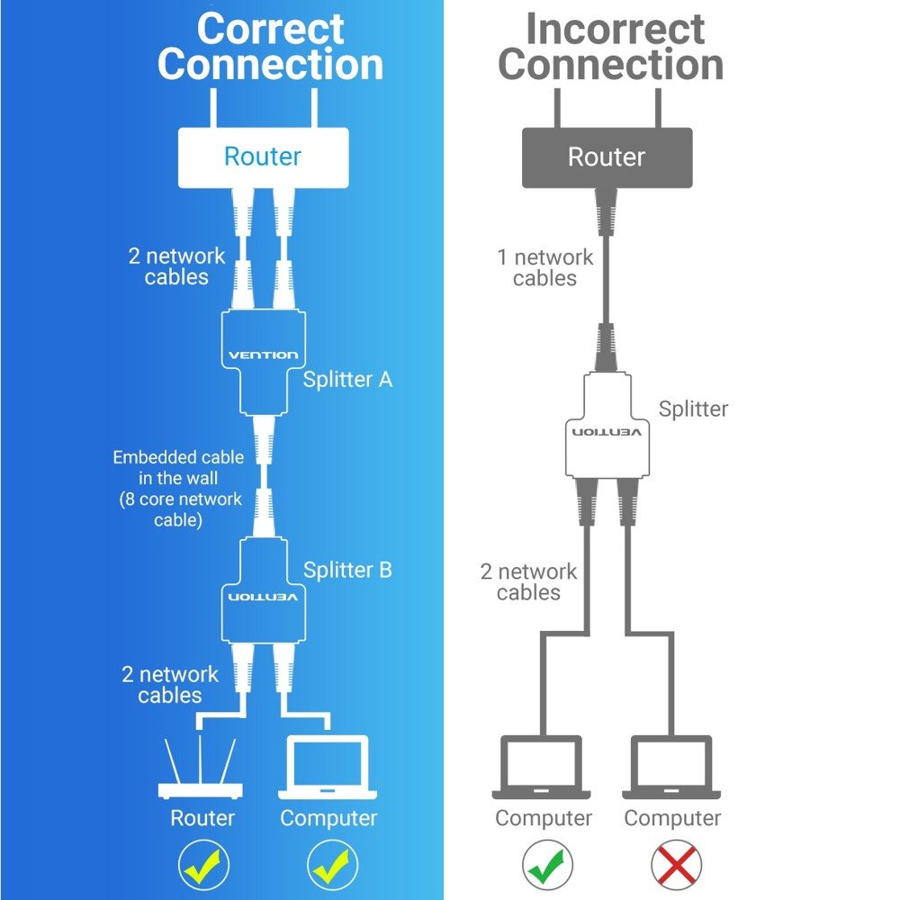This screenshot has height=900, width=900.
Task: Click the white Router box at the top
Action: click(x=262, y=157)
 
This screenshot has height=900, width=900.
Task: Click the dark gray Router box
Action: click(x=607, y=157)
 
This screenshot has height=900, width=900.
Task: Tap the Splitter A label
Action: click(x=347, y=380)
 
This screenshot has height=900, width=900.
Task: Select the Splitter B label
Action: click(x=347, y=570)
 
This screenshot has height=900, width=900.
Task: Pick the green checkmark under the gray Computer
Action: click(x=546, y=866)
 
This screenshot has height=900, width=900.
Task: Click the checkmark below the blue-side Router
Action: click(x=203, y=866)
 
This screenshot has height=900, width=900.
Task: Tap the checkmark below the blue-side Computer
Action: click(x=332, y=866)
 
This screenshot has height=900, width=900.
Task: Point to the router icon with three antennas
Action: click(x=200, y=769)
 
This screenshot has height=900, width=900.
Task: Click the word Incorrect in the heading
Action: click(x=615, y=29)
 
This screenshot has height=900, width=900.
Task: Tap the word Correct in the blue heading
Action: click(x=270, y=29)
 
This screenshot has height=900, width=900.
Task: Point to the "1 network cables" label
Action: click(x=544, y=267)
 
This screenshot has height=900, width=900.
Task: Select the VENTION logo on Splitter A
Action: click(x=263, y=355)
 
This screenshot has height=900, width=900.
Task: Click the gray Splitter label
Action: click(x=693, y=409)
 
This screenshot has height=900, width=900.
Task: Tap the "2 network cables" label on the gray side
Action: click(x=528, y=581)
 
